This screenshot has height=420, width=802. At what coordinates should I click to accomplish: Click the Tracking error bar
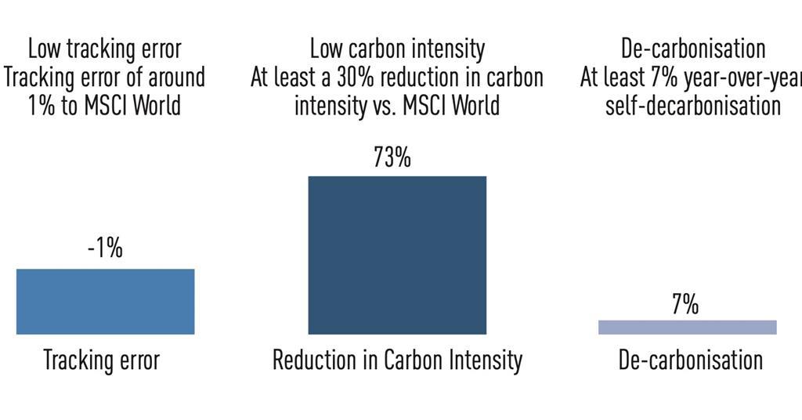pyautogui.click(x=105, y=302)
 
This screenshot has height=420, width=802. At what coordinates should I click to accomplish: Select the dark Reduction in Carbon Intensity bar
pyautogui.click(x=397, y=255)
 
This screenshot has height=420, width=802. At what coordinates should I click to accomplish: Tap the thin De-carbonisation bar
pyautogui.click(x=687, y=327)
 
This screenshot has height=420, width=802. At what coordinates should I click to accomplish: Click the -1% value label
pyautogui.click(x=105, y=249)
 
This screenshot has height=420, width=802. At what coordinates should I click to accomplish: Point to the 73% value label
pyautogui.click(x=392, y=157)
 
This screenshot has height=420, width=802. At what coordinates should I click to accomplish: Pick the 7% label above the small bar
pyautogui.click(x=685, y=305)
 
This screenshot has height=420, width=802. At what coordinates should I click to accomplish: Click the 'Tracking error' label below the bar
pyautogui.click(x=101, y=360)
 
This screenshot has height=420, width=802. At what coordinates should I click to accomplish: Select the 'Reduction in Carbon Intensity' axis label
pyautogui.click(x=397, y=360)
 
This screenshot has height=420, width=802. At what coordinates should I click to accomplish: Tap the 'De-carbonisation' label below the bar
pyautogui.click(x=690, y=360)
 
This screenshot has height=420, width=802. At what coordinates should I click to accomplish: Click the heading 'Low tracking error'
pyautogui.click(x=104, y=49)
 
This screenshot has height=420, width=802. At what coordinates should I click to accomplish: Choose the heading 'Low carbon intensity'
pyautogui.click(x=397, y=49)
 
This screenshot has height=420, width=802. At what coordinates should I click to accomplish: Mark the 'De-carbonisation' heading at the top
pyautogui.click(x=692, y=49)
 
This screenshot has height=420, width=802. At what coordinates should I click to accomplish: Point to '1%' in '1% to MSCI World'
pyautogui.click(x=41, y=105)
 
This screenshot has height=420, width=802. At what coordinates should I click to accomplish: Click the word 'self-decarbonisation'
pyautogui.click(x=692, y=105)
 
